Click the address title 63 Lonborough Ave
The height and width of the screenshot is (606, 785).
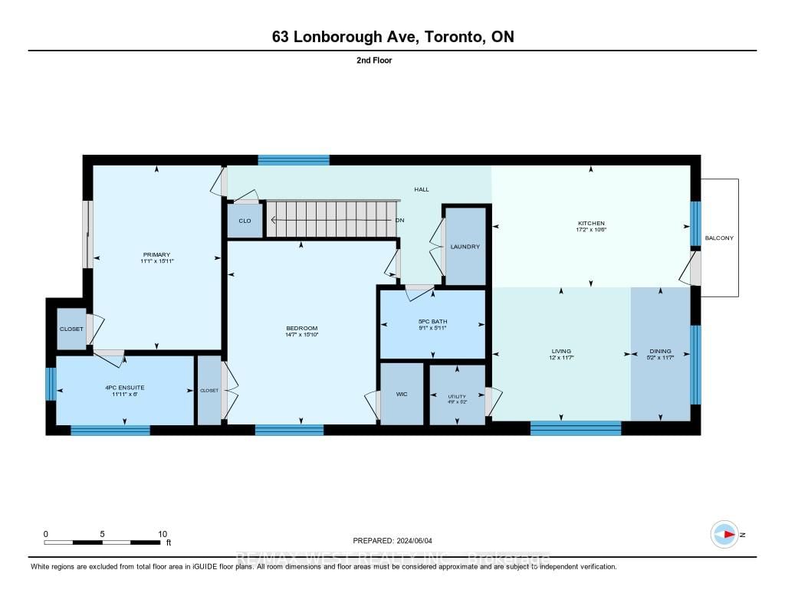coord(392,37)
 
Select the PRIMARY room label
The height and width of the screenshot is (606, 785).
coord(156,254)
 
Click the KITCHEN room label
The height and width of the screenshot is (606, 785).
coord(591,224)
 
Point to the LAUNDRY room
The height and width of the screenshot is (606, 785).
coord(465,247)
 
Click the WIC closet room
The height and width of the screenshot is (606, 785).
coord(402,394)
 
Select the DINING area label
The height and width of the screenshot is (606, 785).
coord(660,352)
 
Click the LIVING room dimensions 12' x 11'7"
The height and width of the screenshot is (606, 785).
coord(561,358)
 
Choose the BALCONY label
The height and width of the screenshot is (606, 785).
coord(719,238)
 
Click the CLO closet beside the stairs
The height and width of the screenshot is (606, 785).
coord(245,221)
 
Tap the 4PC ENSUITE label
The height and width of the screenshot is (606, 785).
coord(124,388)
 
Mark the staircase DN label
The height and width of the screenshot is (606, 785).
coord(399,221)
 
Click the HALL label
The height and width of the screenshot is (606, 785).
coord(422,189)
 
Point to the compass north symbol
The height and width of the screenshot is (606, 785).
coord(724,534)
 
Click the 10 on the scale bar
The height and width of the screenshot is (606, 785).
coord(162,534)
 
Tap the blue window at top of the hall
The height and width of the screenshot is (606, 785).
coord(294,160)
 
